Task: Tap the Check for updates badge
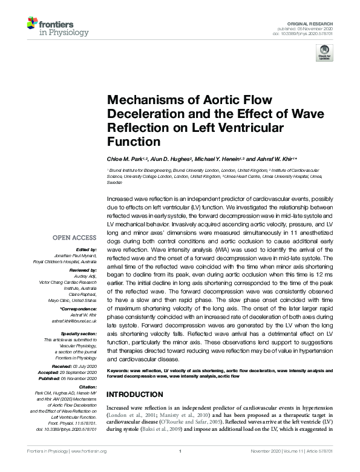point(325,52)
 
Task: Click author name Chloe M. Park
point(126,158)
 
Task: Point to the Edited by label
point(87,250)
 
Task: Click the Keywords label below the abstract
point(120,369)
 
